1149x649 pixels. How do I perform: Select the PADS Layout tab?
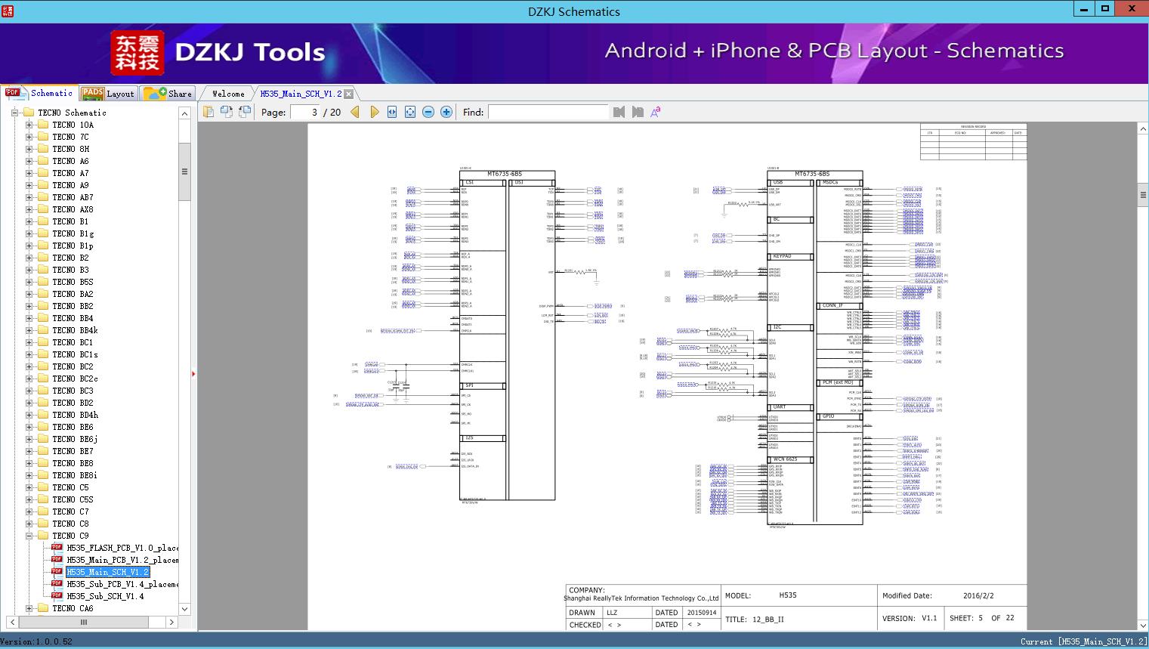(x=107, y=94)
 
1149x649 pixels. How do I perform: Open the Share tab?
(x=168, y=94)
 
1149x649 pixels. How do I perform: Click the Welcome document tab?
(x=228, y=94)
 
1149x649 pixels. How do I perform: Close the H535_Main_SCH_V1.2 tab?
(x=349, y=94)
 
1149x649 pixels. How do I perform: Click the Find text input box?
(x=548, y=112)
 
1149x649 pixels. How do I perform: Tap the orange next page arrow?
(x=374, y=112)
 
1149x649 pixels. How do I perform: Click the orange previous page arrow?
(x=355, y=112)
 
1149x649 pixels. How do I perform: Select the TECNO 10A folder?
(x=73, y=125)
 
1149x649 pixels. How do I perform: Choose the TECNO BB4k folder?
(x=75, y=330)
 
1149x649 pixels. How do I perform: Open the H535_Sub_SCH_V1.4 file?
(x=104, y=596)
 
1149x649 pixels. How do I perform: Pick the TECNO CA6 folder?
(x=73, y=608)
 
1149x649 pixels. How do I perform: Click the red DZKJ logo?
(x=137, y=52)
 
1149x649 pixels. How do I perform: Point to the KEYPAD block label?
(x=782, y=256)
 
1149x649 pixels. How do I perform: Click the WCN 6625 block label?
(x=786, y=459)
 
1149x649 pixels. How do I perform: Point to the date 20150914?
(x=701, y=613)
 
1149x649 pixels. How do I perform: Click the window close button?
(x=1132, y=9)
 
